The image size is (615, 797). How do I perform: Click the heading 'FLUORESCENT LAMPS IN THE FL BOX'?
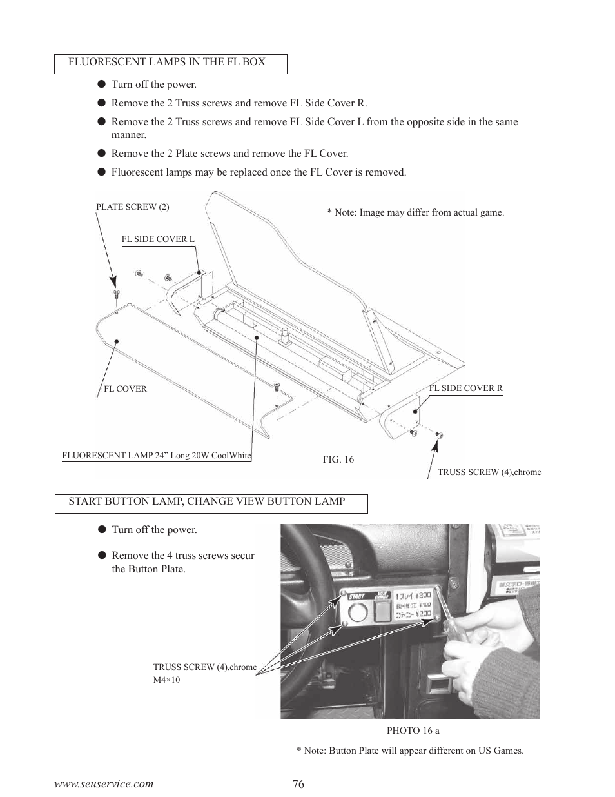coord(167,62)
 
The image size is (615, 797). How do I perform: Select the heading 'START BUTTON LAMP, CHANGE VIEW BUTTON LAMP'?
coord(207,501)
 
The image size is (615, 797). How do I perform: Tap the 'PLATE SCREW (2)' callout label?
coord(133,207)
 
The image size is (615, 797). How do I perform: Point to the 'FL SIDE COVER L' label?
coord(158,239)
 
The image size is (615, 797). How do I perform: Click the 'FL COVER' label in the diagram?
coord(125,389)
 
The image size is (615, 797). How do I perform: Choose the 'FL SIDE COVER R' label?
coord(465,388)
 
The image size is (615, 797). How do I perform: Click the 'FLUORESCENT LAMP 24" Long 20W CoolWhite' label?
coord(157,456)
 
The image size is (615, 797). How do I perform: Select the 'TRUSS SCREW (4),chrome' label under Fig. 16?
coord(489,472)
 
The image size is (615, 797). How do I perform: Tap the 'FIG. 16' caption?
coord(338,459)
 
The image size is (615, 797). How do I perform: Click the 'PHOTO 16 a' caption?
coord(413,731)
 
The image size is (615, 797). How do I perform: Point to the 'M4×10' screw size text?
coord(166,680)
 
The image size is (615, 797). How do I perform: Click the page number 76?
coord(297,784)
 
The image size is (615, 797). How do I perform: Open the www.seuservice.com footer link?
coord(104,784)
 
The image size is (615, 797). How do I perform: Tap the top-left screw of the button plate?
coord(344,594)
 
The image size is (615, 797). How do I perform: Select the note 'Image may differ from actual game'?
coord(415,213)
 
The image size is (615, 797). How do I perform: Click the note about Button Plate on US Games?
coord(410,751)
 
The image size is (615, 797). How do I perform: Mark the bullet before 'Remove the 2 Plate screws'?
coord(102,154)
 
